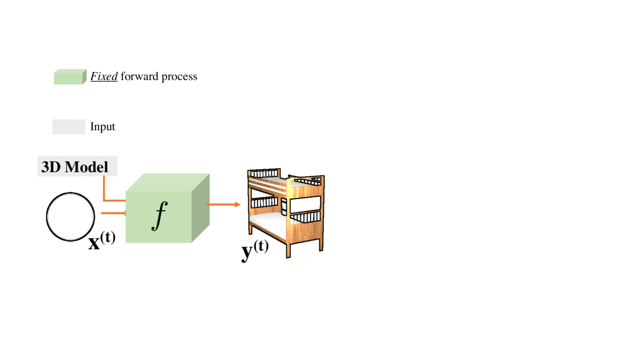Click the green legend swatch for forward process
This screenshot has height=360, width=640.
pyautogui.click(x=70, y=77)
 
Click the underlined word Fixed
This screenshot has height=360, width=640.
pyautogui.click(x=104, y=76)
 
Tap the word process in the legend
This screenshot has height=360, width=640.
pyautogui.click(x=179, y=77)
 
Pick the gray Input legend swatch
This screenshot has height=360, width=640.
pyautogui.click(x=69, y=127)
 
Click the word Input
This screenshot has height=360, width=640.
pyautogui.click(x=102, y=126)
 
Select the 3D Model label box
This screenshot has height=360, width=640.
pyautogui.click(x=77, y=166)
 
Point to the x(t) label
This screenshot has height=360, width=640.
pyautogui.click(x=102, y=241)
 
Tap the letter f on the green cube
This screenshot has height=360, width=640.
pyautogui.click(x=159, y=215)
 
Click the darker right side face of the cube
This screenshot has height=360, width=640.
pyautogui.click(x=201, y=208)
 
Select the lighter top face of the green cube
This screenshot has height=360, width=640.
pyautogui.click(x=167, y=182)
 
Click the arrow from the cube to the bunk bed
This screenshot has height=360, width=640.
pyautogui.click(x=223, y=204)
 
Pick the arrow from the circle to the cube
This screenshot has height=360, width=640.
pyautogui.click(x=114, y=213)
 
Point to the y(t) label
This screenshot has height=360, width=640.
pyautogui.click(x=255, y=250)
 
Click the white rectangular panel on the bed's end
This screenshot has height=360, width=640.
pyautogui.click(x=305, y=205)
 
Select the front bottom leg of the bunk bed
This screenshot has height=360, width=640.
pyautogui.click(x=288, y=251)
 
